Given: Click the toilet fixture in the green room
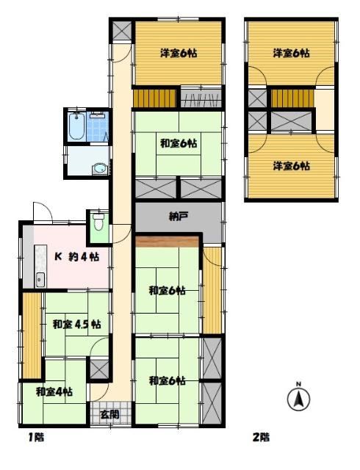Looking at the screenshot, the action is [x=97, y=222].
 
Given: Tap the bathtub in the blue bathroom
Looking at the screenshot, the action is [x=77, y=126].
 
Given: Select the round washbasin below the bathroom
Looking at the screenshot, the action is [x=99, y=169].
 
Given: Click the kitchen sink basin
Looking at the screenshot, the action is [x=40, y=280].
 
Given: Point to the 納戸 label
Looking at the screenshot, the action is [x=179, y=217].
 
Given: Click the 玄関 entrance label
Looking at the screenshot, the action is [x=109, y=414].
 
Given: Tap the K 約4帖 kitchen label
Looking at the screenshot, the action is [x=76, y=257].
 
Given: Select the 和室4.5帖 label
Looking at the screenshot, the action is [x=77, y=325].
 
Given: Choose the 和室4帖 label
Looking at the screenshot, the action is [x=54, y=391].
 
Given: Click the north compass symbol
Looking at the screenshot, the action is [x=298, y=398].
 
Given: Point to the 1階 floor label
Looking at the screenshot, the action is [x=37, y=438].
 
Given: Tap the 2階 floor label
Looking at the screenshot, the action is [x=261, y=438].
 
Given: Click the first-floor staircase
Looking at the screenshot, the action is [x=154, y=98].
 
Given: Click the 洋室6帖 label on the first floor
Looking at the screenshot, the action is [x=179, y=54].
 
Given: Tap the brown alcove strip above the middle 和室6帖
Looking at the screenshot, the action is [x=167, y=242].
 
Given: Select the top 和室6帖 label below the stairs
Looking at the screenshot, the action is [x=179, y=144].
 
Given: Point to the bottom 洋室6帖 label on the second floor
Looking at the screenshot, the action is [x=291, y=166].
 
